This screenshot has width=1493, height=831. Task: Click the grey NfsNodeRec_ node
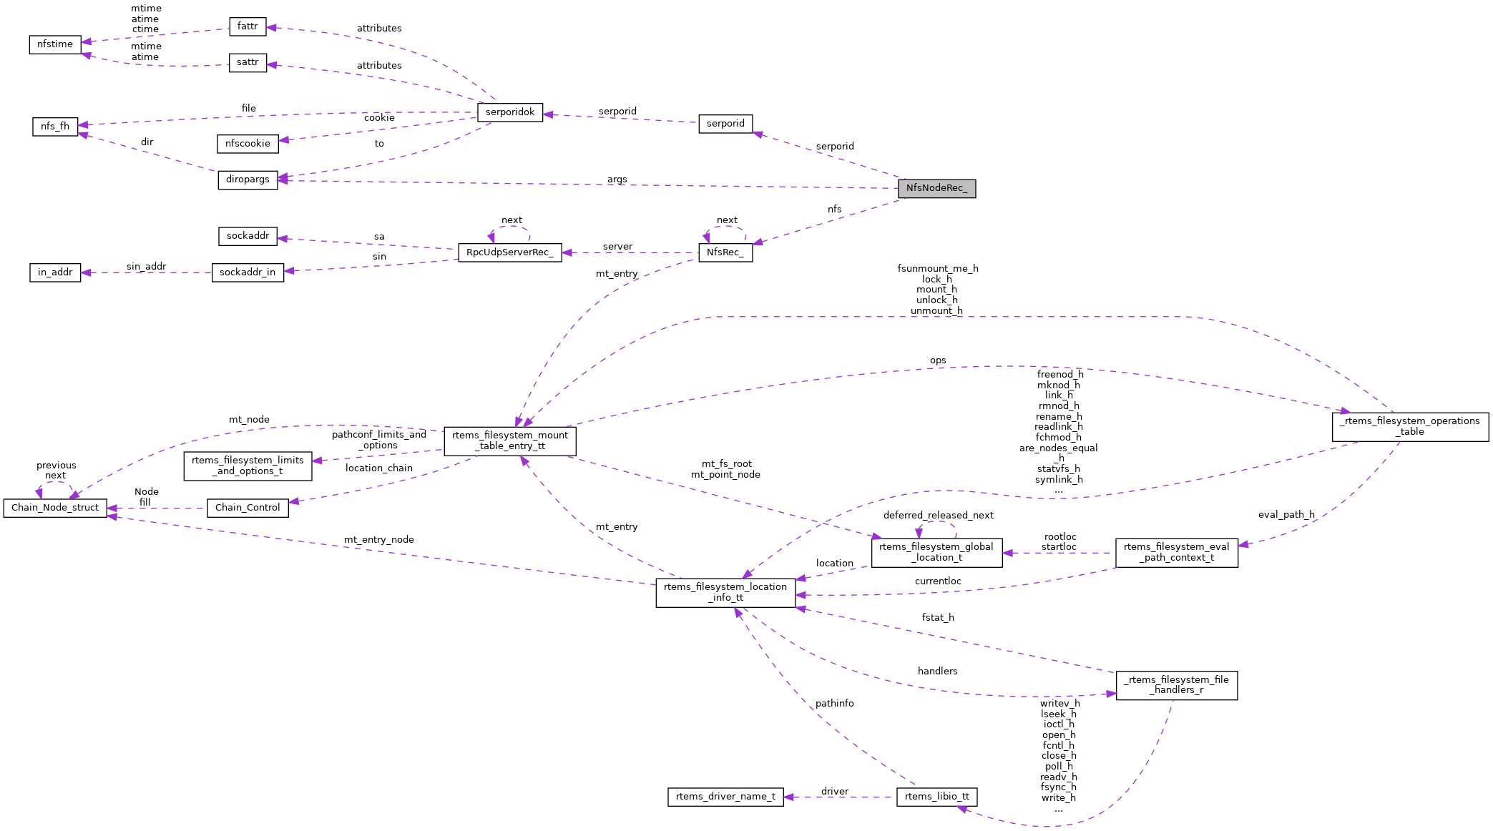tap(936, 188)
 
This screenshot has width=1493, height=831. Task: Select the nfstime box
tap(55, 44)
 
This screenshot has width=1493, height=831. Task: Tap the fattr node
tap(248, 26)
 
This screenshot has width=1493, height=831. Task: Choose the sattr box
tap(248, 62)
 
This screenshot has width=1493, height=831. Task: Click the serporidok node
tap(510, 112)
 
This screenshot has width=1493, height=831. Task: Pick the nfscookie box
tap(248, 144)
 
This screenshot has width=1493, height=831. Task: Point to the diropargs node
tap(248, 180)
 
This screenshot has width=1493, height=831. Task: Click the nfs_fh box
tap(55, 127)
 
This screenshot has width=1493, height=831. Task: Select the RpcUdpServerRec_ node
tap(509, 252)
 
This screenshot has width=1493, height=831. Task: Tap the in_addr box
tap(55, 272)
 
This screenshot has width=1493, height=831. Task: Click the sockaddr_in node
tap(248, 272)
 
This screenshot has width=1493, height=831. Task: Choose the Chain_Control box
tap(248, 508)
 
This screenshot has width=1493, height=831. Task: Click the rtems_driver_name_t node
tap(725, 797)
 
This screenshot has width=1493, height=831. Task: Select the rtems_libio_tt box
tap(936, 797)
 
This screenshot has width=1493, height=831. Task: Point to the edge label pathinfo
tap(834, 704)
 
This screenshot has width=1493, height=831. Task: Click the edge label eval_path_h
tap(1286, 515)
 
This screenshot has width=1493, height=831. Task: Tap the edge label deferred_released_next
tap(938, 516)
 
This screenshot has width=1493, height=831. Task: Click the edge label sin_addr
tap(146, 267)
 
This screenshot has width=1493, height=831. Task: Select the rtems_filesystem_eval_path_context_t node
tap(1176, 553)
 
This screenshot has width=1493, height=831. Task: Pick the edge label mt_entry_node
tap(378, 540)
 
